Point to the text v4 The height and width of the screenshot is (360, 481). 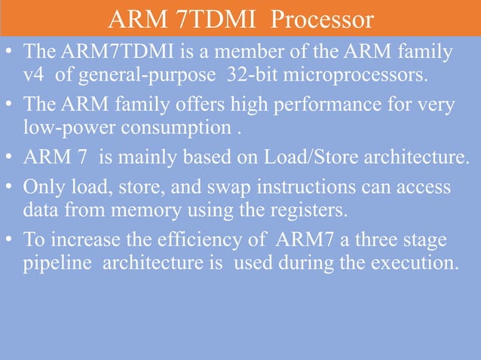[32, 75]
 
